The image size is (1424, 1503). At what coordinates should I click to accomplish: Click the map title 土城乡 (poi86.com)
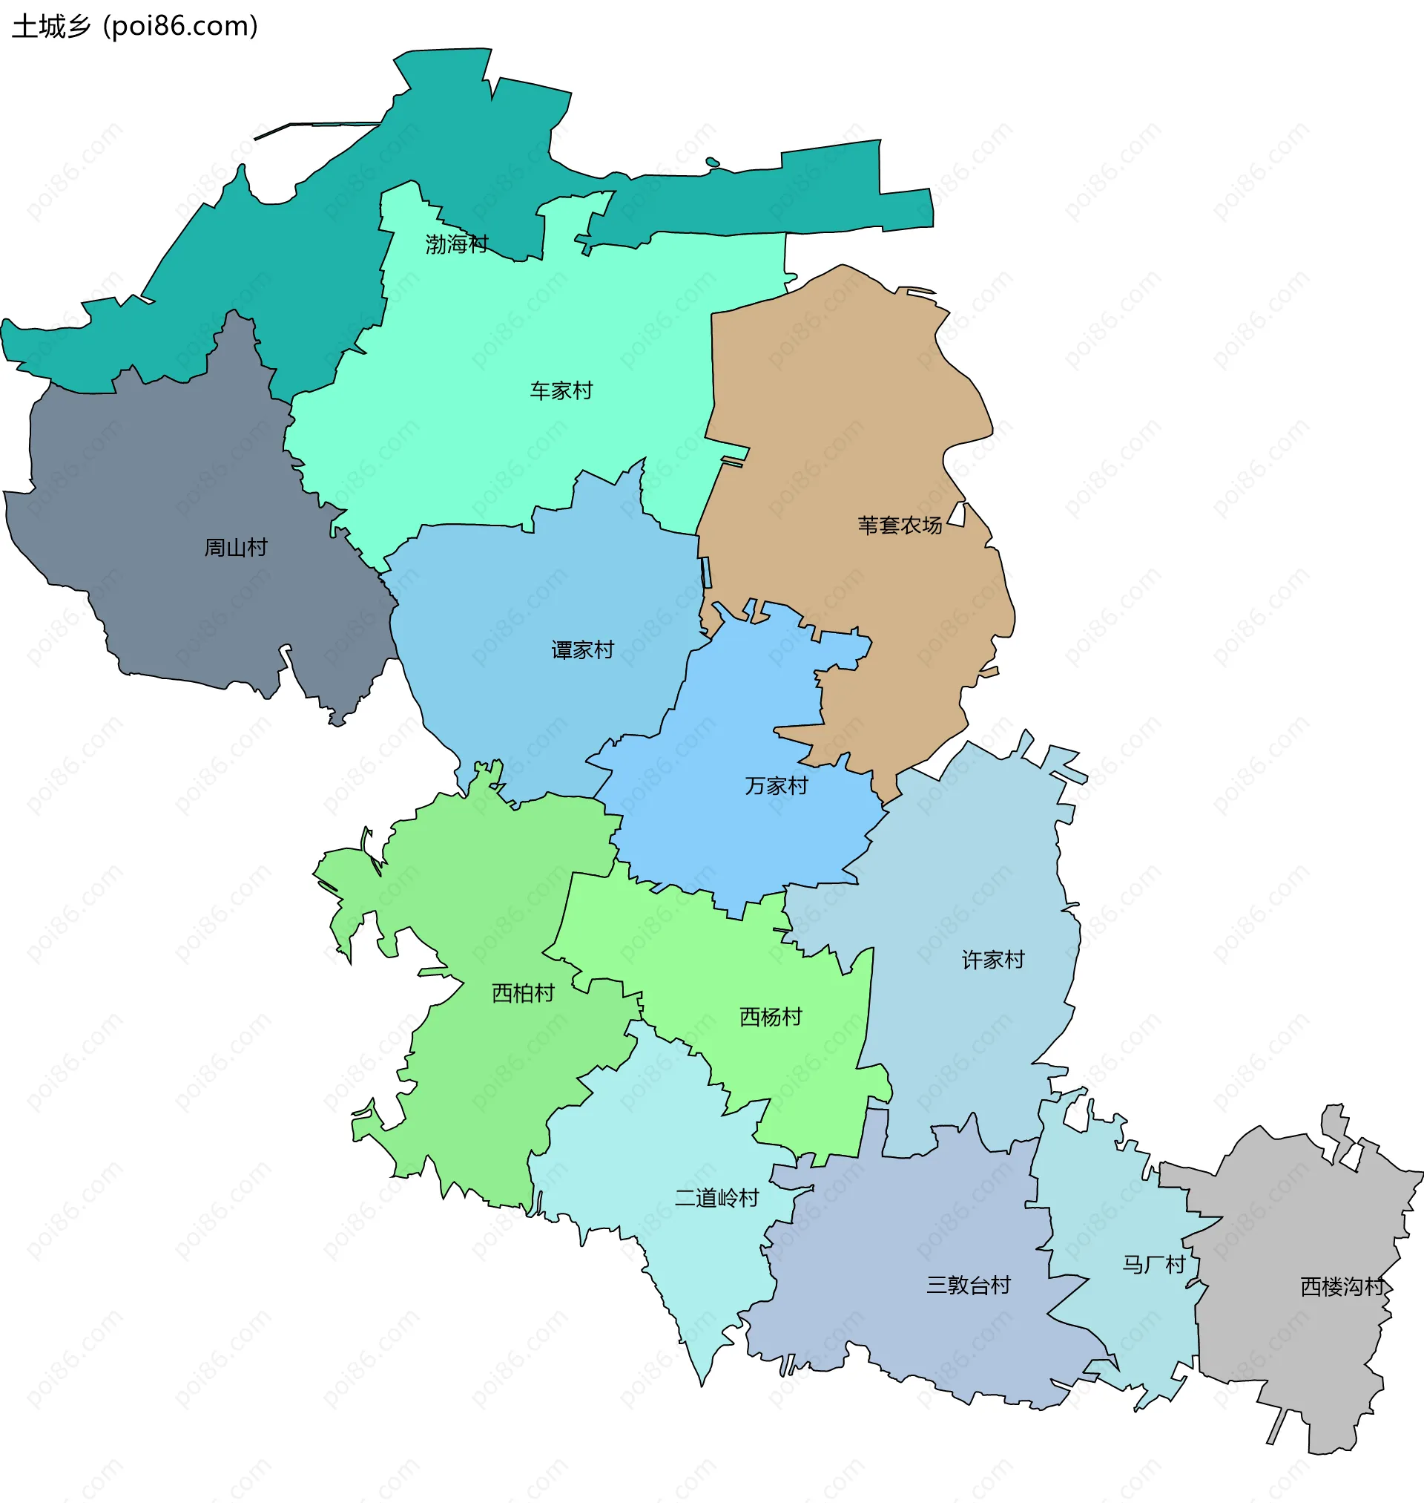(135, 27)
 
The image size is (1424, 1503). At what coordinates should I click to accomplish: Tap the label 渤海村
(456, 243)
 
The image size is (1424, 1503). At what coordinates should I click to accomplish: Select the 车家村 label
(561, 390)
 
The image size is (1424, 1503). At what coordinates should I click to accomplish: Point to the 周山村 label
(235, 547)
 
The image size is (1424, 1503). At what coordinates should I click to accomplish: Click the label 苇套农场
(900, 525)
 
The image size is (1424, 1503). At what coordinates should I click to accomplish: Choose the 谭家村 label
(582, 649)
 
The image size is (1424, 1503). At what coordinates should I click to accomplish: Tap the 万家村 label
(776, 785)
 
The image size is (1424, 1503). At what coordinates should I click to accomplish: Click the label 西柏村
(523, 992)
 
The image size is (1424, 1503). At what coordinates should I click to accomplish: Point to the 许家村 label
(993, 960)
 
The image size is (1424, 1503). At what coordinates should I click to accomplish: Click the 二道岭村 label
(716, 1198)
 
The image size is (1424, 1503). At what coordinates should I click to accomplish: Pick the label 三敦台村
(969, 1285)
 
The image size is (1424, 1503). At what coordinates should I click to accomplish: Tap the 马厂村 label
(1154, 1265)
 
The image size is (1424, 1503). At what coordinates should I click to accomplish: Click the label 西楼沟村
(1342, 1286)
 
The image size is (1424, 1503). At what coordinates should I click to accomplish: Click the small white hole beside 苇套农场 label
(958, 515)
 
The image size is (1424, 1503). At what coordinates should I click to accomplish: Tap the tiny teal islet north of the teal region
(712, 162)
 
